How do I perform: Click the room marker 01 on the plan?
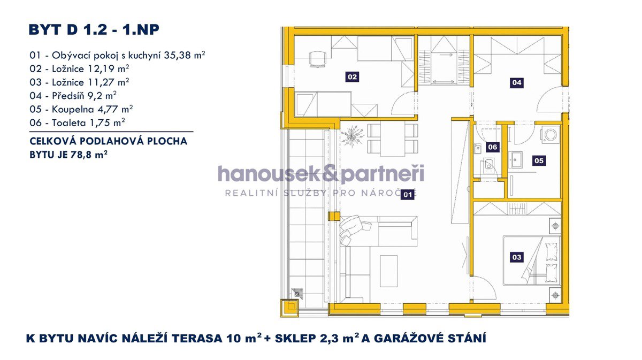(x=407, y=195)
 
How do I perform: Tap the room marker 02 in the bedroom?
(x=352, y=77)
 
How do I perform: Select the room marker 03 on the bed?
(x=517, y=257)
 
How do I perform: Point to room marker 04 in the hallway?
(x=517, y=82)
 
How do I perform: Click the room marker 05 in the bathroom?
(x=539, y=160)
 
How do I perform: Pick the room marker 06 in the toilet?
(x=493, y=147)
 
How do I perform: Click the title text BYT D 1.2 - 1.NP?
(x=94, y=30)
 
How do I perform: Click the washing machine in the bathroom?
(x=551, y=135)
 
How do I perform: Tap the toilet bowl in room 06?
(x=487, y=165)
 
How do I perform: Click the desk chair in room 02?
(x=318, y=59)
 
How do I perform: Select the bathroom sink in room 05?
(x=516, y=159)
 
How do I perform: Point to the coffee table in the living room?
(x=388, y=271)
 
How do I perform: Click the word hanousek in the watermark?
(x=268, y=174)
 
